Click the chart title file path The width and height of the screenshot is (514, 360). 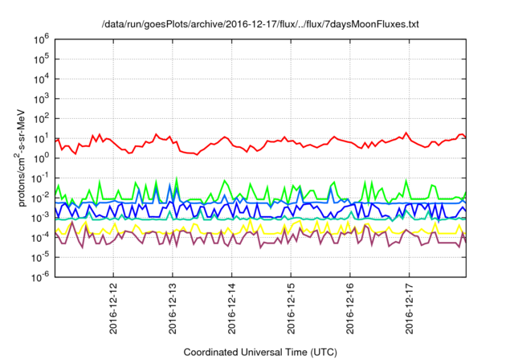pos(260,24)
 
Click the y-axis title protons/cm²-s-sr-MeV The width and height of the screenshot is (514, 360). pos(22,158)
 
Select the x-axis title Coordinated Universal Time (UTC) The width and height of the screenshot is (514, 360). pos(260,352)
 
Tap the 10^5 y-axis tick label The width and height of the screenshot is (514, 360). pos(42,59)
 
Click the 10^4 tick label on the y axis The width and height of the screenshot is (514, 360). pos(42,79)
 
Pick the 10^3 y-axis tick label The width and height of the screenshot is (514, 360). pos(42,98)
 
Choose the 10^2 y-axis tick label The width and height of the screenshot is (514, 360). pos(42,118)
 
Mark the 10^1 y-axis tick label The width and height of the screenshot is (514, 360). pos(42,138)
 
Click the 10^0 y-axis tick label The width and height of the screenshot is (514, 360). pos(42,157)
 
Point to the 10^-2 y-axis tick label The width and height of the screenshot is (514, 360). pos(41,198)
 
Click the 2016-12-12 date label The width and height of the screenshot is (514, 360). pos(113,309)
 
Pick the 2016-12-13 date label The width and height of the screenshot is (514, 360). pos(173,309)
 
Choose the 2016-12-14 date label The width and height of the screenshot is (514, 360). pos(232,309)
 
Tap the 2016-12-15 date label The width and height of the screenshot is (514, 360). pos(292,309)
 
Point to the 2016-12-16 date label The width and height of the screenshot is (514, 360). pos(351,309)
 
